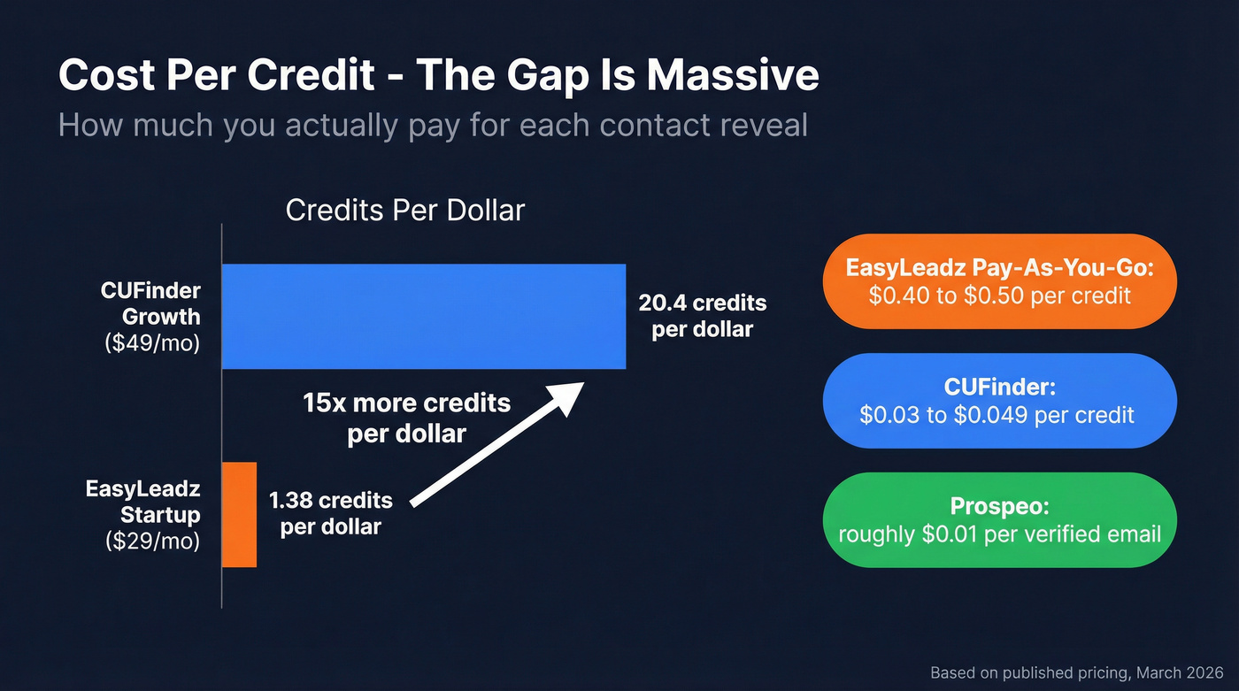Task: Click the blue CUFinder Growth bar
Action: coord(423,316)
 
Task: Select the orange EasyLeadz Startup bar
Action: coord(239,514)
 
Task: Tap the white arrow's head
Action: coord(567,395)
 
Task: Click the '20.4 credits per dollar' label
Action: coord(702,316)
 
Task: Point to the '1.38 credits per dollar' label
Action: coord(330,513)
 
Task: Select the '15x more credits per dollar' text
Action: coord(406,418)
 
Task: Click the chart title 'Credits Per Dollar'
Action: coord(405,211)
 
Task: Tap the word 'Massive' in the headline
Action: coord(732,76)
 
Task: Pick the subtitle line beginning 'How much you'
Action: coord(432,125)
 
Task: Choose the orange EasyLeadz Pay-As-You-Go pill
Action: coord(999,281)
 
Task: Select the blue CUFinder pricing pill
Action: coord(999,401)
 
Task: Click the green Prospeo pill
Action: coord(999,520)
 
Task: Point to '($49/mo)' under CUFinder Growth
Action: coord(152,342)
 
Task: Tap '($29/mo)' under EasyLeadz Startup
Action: coord(152,540)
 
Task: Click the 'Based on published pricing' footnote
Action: coord(1076,673)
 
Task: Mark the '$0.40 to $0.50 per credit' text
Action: coord(999,295)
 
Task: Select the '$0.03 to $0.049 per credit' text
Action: coord(997,414)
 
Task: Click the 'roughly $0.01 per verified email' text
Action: coord(999,534)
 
